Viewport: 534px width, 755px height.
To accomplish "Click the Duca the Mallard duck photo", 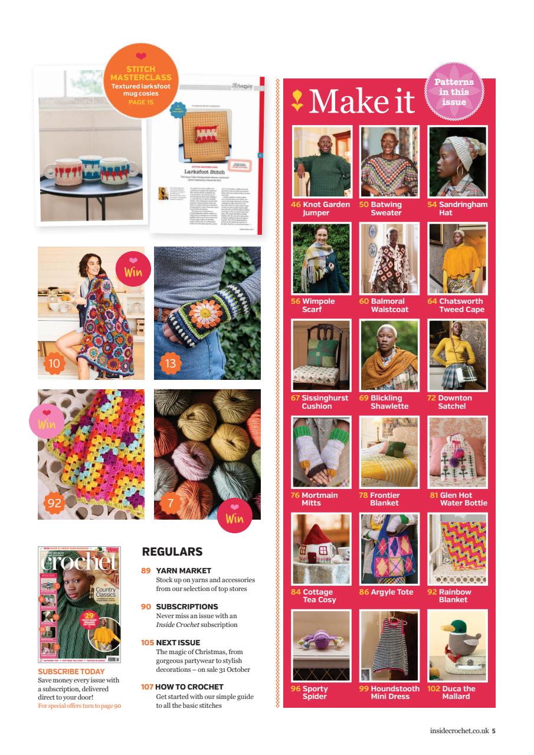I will click(x=457, y=645).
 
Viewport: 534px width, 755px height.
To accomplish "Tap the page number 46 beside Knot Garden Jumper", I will click(x=296, y=205).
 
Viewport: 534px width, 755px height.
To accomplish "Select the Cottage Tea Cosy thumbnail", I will click(x=322, y=549).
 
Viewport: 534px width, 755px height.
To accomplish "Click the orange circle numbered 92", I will click(x=54, y=503).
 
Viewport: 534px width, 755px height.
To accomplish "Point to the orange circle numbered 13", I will click(x=170, y=363).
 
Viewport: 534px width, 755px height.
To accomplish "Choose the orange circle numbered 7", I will click(x=170, y=503).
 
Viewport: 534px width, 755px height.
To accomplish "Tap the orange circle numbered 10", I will click(x=54, y=363).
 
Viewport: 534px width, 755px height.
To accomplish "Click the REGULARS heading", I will click(x=172, y=552).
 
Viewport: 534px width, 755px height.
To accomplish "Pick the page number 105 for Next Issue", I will click(x=147, y=642).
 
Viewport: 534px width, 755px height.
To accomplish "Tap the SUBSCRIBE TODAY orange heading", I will click(x=71, y=671).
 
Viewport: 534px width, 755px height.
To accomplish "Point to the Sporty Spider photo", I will click(x=322, y=645).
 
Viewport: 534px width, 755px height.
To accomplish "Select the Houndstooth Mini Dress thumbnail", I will click(x=389, y=645).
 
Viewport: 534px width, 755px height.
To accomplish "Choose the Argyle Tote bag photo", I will click(x=389, y=549).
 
